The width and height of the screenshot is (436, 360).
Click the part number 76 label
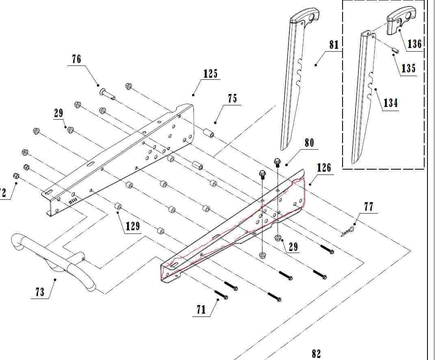coord(76,59)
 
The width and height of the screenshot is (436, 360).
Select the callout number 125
coord(210,74)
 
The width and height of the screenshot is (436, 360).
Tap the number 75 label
coord(232,99)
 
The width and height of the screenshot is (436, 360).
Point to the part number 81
coord(334,44)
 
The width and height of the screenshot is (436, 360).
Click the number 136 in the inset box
coord(414,44)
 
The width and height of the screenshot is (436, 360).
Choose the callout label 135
coord(408,68)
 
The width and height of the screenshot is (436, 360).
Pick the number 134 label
coord(390,103)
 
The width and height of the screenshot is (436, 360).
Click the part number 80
coord(309,143)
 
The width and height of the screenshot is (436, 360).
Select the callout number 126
coord(324,168)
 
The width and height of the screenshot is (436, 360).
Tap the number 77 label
coord(368,207)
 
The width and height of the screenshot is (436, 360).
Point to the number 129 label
coord(133,226)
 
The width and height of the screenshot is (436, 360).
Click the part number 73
coord(40,292)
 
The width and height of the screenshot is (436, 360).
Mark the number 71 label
coord(201,310)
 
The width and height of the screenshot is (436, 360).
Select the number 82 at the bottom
coord(316,354)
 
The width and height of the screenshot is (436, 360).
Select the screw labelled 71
coord(220,294)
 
